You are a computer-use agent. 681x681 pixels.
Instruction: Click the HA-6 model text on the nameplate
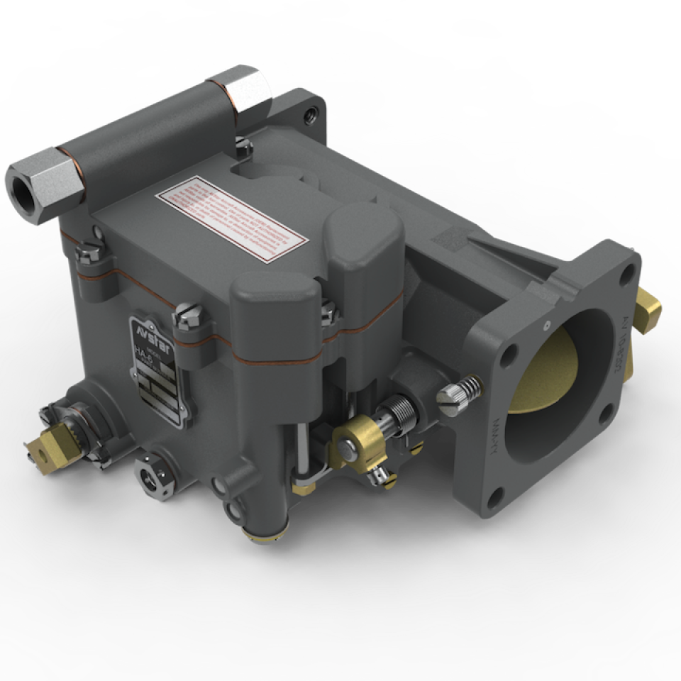(145, 353)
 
